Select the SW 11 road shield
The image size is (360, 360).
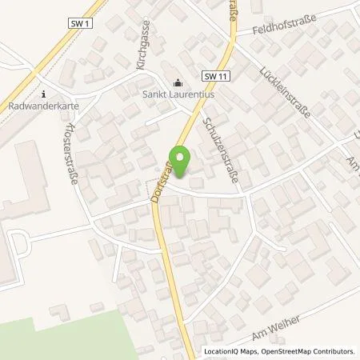tap(212, 76)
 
